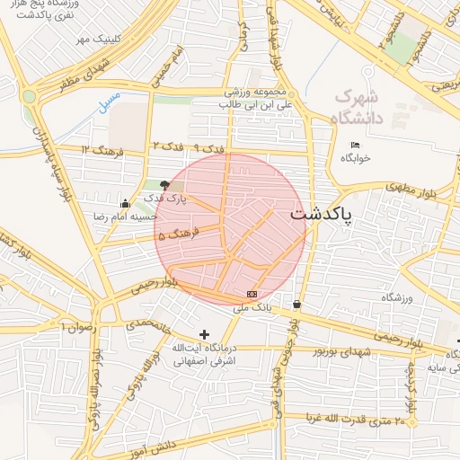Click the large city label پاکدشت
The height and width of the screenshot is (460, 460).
click(x=322, y=217)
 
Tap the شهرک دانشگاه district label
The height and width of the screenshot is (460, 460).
click(x=369, y=106)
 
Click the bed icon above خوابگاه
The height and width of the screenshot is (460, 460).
click(x=355, y=145)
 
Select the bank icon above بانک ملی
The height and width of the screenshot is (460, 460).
click(x=252, y=294)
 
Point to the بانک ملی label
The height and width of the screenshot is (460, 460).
click(x=252, y=307)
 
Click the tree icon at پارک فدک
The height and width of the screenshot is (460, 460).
click(x=164, y=185)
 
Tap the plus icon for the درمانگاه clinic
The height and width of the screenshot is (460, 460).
click(x=205, y=334)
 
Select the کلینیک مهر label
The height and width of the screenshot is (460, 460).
click(x=97, y=40)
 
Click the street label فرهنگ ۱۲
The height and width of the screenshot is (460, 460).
click(x=101, y=148)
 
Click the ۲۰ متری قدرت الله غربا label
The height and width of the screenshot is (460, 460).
click(x=358, y=419)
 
